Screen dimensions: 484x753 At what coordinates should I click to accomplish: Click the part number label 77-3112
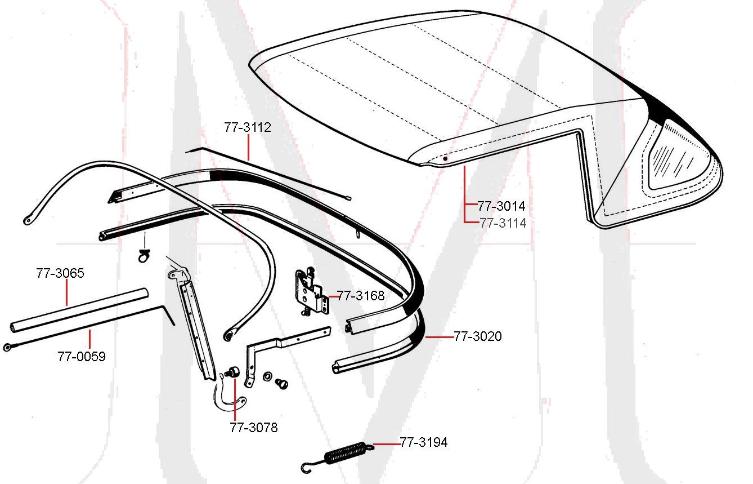point(248,127)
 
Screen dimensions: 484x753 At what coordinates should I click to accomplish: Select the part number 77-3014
point(501,206)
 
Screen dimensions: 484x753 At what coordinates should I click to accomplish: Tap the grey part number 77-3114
point(503,223)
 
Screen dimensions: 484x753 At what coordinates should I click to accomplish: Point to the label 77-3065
point(60,274)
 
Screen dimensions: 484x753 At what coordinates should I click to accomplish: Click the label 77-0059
point(81,356)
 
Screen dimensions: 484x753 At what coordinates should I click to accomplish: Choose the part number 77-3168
point(361,295)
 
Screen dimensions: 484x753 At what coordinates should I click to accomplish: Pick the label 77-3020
point(478,336)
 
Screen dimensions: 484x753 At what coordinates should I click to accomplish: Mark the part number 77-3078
point(253,428)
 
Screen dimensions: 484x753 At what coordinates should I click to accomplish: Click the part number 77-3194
point(424,442)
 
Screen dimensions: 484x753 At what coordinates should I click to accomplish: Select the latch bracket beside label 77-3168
point(311,292)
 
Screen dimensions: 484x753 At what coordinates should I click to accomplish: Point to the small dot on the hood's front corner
point(445,159)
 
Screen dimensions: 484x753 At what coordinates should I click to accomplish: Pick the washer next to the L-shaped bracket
point(268,375)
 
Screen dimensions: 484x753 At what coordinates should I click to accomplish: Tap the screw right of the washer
point(281,383)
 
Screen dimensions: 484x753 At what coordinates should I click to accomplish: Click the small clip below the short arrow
point(142,257)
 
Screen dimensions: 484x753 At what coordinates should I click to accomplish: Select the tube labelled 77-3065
point(79,309)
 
